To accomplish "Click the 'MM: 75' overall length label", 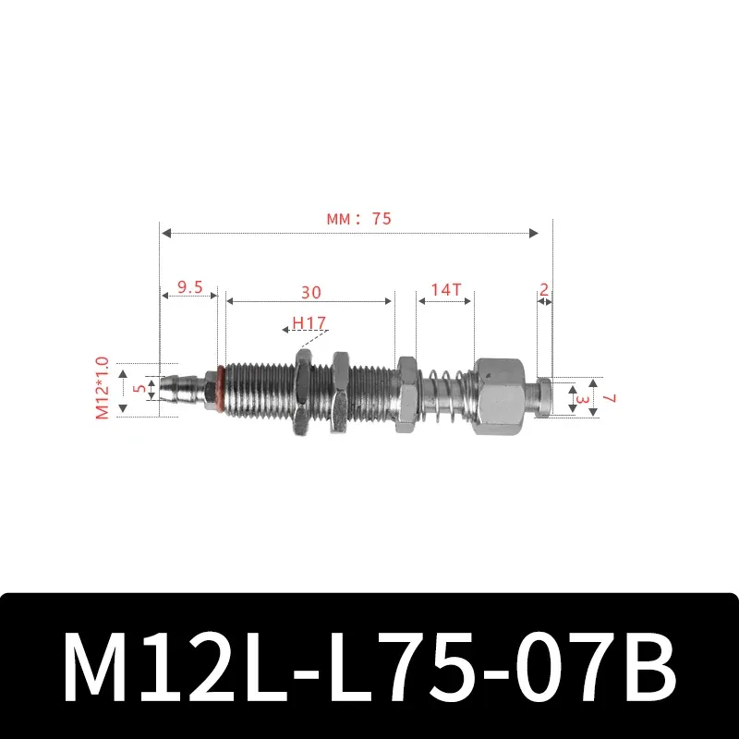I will (x=358, y=219).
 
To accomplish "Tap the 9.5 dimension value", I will (x=188, y=286).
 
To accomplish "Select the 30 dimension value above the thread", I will (x=310, y=293).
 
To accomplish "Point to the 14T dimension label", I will (x=445, y=289).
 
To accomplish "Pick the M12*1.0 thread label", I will (x=103, y=389).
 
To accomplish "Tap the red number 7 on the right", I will (x=610, y=396).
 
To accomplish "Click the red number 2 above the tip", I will (x=544, y=289).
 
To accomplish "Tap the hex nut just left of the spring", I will (x=407, y=394).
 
